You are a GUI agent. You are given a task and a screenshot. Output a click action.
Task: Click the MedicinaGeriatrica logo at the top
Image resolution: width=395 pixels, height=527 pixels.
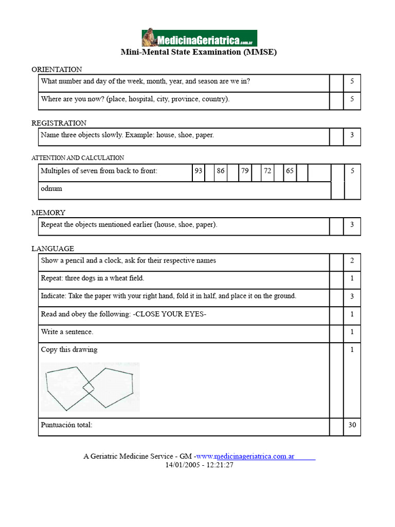(x=199, y=38)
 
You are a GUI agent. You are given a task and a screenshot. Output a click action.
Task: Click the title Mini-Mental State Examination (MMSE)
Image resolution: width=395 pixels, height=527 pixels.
(x=199, y=52)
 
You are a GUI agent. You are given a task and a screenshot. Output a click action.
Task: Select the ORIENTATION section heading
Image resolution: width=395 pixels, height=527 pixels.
(x=57, y=69)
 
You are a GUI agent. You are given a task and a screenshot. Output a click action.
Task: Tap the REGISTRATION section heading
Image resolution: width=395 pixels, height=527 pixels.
(x=59, y=123)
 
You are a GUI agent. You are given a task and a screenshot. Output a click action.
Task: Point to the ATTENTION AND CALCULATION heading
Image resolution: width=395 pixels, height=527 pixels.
(x=78, y=158)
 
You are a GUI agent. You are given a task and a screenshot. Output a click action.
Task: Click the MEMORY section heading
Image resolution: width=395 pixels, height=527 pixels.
(x=48, y=213)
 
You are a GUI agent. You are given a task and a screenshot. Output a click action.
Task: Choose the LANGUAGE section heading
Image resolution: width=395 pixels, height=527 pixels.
(x=52, y=249)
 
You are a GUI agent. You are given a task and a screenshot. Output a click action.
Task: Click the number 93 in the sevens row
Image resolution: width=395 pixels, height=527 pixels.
(x=198, y=171)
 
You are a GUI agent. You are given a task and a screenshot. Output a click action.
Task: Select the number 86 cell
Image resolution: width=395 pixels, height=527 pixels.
(x=221, y=171)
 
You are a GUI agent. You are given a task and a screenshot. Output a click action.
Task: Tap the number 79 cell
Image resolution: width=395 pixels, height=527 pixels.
(x=245, y=171)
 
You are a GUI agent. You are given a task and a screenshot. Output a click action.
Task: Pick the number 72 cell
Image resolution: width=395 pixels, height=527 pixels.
(x=267, y=171)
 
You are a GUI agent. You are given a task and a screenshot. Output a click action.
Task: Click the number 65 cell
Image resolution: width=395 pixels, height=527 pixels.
(x=290, y=171)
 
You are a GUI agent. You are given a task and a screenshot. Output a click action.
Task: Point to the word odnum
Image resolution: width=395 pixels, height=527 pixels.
(x=51, y=188)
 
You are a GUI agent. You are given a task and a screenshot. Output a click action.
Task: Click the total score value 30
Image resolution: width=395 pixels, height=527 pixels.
(x=352, y=425)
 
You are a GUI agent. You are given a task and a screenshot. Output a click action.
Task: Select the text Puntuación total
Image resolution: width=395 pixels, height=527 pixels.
(x=67, y=425)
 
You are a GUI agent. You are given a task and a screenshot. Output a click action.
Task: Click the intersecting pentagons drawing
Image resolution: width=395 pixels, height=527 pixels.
(x=90, y=387)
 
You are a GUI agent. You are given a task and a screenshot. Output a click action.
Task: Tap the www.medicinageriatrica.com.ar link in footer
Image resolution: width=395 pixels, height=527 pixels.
(x=245, y=456)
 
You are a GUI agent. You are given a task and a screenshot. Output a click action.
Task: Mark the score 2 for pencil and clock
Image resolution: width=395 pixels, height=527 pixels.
(x=352, y=260)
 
